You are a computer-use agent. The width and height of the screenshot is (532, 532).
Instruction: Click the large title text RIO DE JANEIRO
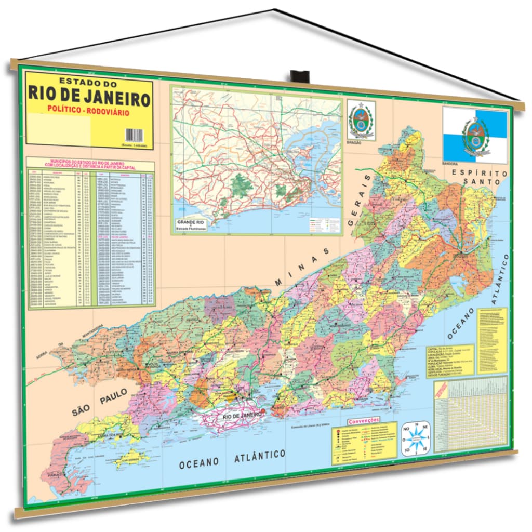pos(89,97)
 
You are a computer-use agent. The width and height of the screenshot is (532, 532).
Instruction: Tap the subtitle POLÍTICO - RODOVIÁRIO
pos(88,112)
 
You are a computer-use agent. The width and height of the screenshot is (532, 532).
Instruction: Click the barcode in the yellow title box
pos(137,135)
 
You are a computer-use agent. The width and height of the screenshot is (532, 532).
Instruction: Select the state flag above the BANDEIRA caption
pos(475,135)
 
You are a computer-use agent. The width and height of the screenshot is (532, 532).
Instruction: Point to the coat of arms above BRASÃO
pos(361,121)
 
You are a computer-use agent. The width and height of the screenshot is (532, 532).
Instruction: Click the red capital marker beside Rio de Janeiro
pos(263,411)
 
